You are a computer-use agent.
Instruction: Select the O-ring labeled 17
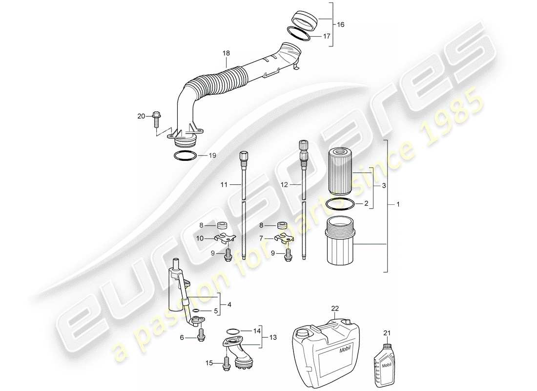298,34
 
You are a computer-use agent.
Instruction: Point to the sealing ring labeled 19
185,156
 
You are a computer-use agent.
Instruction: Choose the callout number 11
224,185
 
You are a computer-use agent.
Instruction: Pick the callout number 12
285,185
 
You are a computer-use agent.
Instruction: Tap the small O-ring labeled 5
195,310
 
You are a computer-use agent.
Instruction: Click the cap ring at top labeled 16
305,20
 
